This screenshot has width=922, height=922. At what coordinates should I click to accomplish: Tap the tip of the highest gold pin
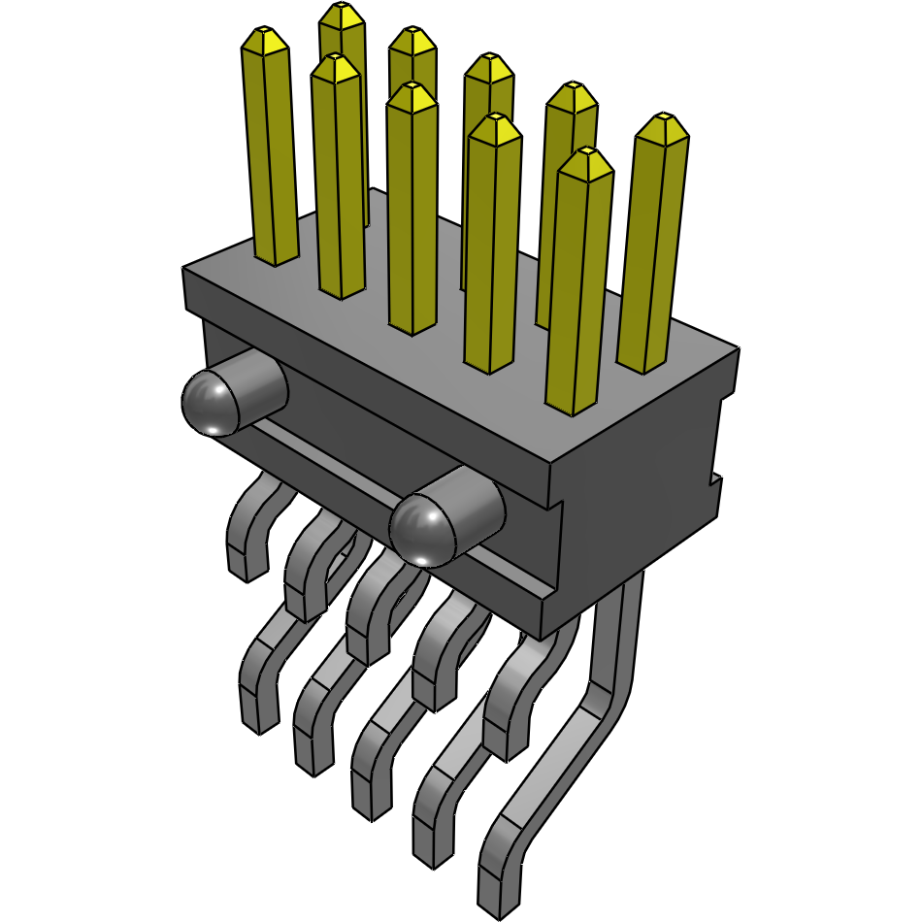pyautogui.click(x=342, y=14)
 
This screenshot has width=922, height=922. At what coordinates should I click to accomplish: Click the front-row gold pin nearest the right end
pyautogui.click(x=579, y=281)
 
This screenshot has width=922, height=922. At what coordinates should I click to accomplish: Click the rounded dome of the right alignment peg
pyautogui.click(x=423, y=529)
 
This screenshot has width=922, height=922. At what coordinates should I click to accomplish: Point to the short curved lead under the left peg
pyautogui.click(x=247, y=529)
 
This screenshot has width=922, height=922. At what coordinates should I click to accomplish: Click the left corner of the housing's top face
pyautogui.click(x=184, y=268)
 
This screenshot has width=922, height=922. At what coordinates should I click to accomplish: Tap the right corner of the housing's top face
pyautogui.click(x=739, y=348)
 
